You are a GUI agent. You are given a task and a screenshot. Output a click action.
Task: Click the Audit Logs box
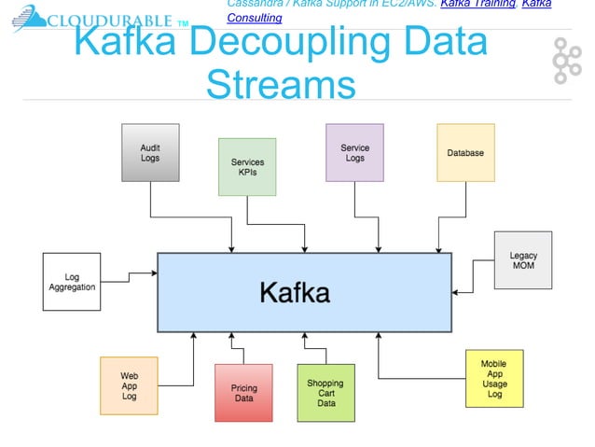(149, 152)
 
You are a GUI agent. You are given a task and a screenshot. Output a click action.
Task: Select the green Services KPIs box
(247, 167)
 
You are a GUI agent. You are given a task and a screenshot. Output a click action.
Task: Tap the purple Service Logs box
(354, 152)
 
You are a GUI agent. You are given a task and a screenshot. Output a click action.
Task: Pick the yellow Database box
(465, 152)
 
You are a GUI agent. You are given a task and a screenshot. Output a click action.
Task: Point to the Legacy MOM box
(522, 260)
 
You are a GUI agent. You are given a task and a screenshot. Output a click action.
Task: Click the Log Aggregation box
(72, 282)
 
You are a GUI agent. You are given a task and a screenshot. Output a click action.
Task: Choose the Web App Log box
(130, 385)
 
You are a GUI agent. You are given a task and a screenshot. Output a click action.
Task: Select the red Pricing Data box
(243, 392)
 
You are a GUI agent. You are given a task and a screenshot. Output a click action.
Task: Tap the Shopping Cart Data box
(325, 392)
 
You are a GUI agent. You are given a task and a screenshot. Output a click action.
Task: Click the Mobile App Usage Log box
(494, 378)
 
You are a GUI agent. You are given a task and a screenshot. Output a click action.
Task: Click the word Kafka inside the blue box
(294, 293)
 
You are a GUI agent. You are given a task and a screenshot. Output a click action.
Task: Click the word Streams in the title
(281, 85)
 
